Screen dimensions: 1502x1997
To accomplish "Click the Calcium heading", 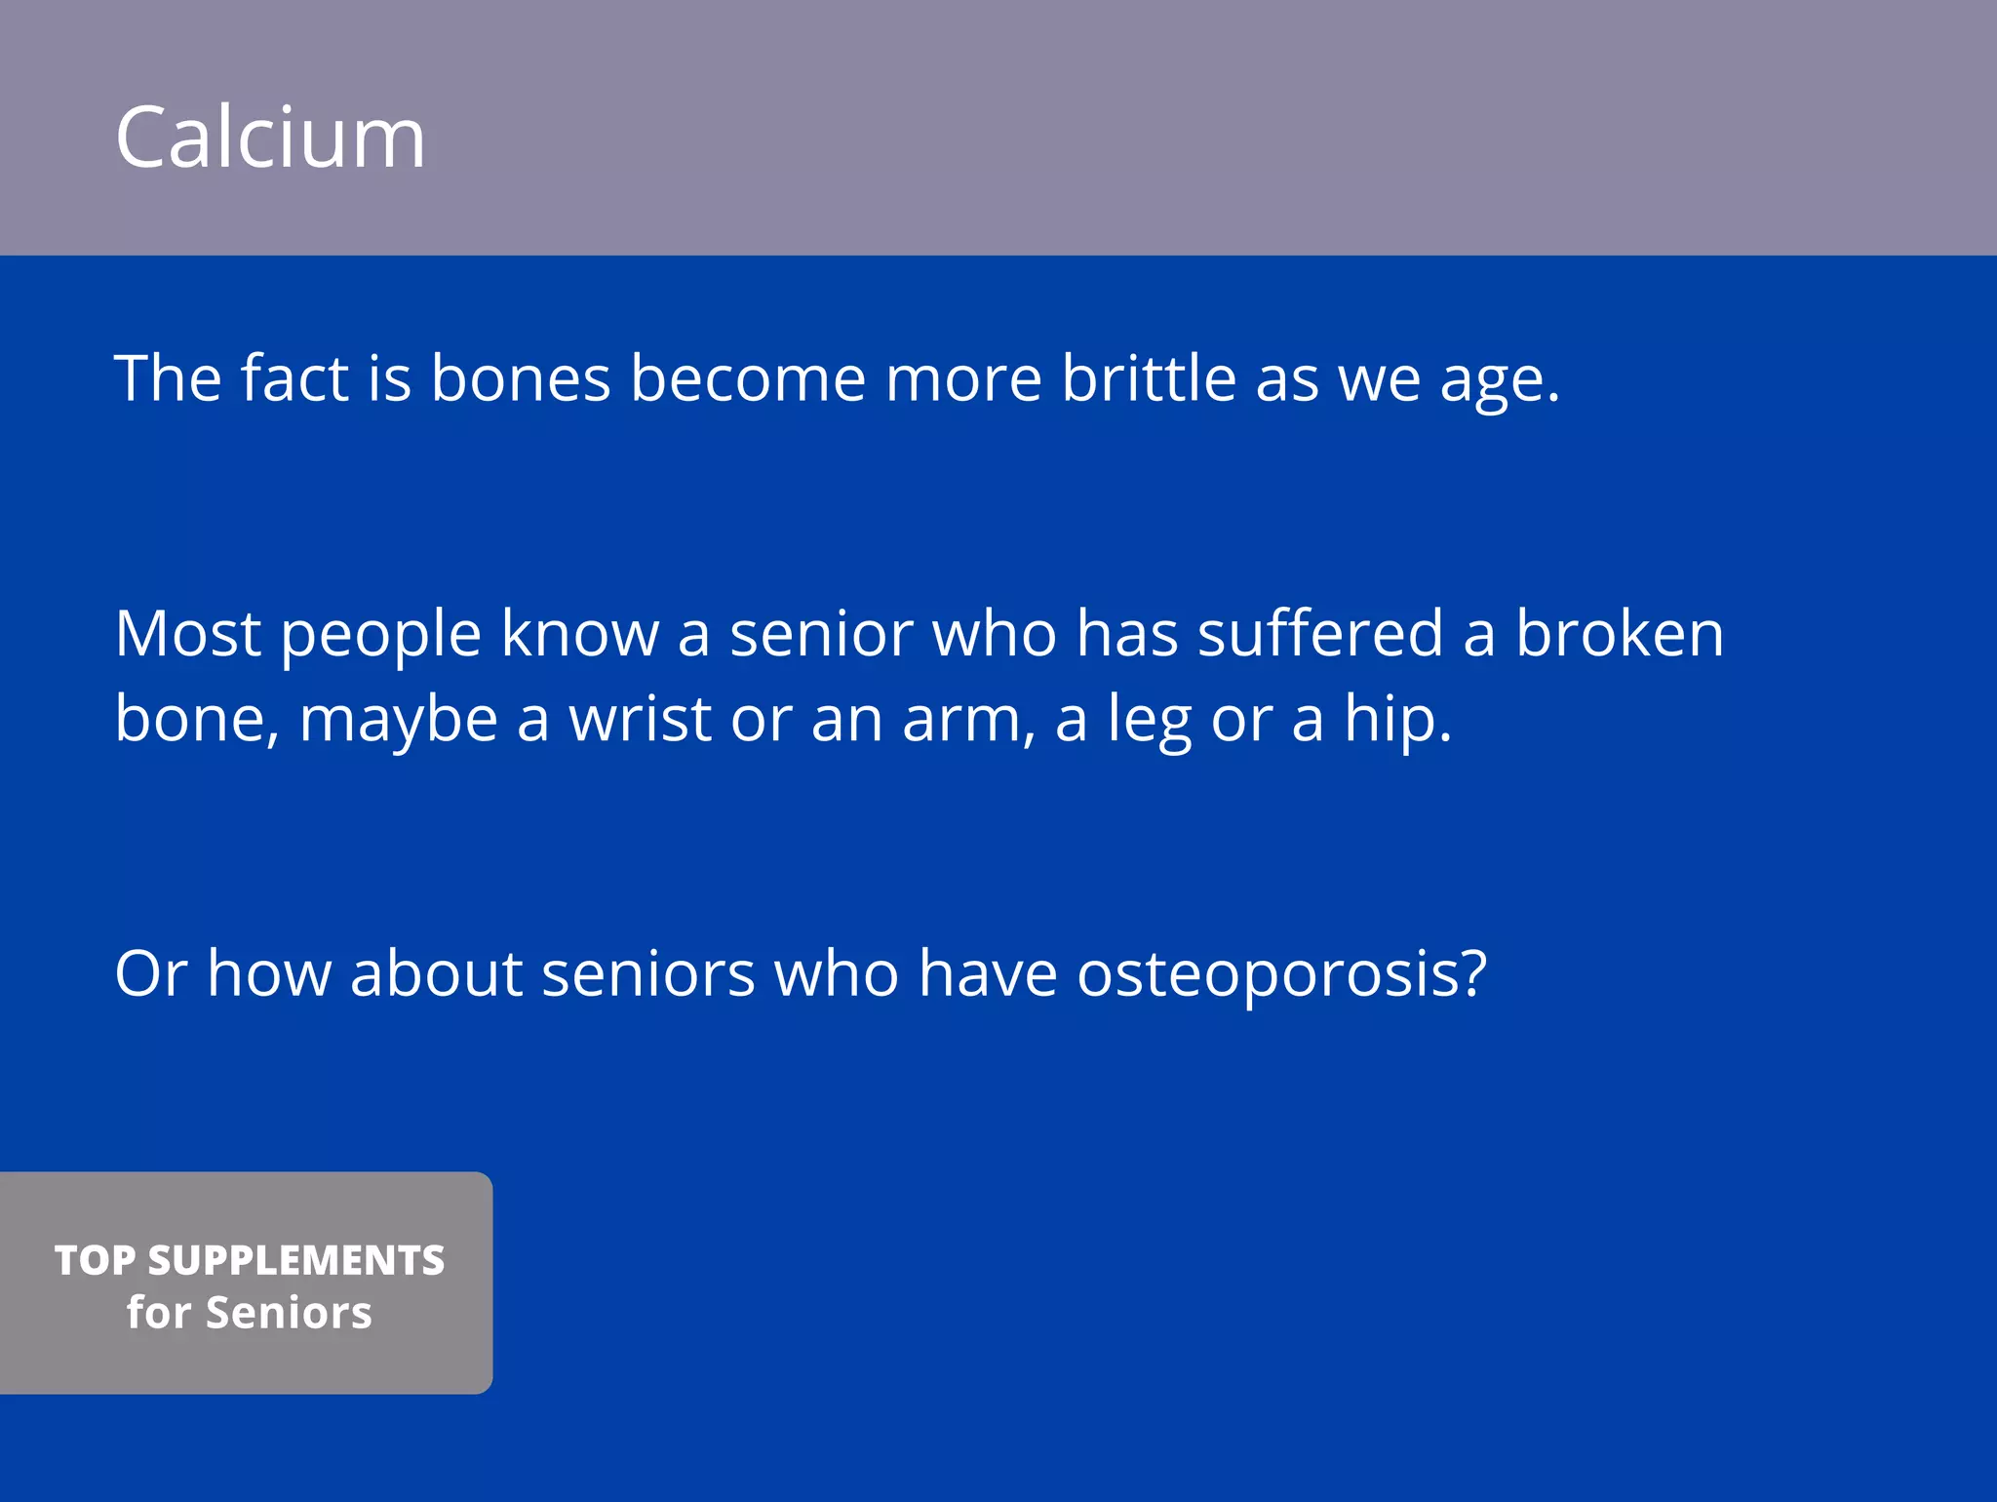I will pos(270,138).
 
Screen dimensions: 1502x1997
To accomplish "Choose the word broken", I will pos(1619,634).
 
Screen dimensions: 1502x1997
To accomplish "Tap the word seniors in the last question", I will pos(647,973).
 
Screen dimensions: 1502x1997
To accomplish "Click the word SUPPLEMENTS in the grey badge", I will pos(295,1260).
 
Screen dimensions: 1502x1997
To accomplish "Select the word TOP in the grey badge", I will pos(95,1260).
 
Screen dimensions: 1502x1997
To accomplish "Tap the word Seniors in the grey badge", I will pos(289,1313).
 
